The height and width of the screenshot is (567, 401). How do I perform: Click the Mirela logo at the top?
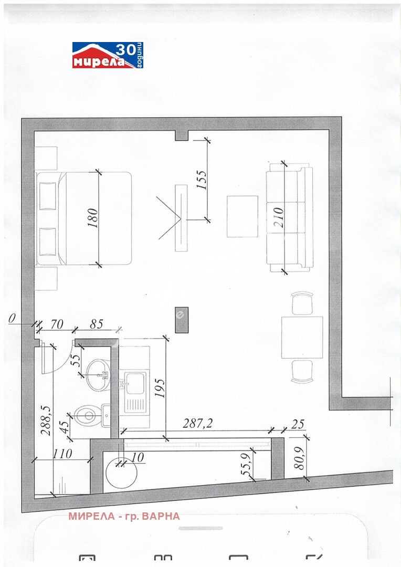[x=108, y=55]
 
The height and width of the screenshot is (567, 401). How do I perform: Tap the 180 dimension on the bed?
[x=93, y=218]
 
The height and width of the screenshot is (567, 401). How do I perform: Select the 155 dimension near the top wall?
[x=202, y=180]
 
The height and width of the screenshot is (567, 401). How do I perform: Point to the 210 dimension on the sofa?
[x=279, y=217]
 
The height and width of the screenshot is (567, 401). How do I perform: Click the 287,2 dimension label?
[x=197, y=424]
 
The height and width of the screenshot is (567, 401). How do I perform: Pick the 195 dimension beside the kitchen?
[x=160, y=388]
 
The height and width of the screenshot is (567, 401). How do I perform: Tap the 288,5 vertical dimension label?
[x=47, y=420]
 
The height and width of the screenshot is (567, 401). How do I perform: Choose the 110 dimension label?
[x=62, y=454]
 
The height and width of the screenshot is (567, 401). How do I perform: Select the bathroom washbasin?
[x=98, y=375]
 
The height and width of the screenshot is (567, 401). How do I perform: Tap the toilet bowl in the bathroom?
[x=86, y=415]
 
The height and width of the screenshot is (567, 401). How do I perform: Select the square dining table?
[x=302, y=338]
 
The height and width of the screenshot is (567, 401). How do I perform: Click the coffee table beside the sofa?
[x=242, y=216]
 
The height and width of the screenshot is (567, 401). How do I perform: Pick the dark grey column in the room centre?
[x=182, y=320]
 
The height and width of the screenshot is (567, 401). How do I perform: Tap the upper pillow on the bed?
[x=47, y=196]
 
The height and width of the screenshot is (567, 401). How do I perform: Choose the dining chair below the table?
[x=302, y=371]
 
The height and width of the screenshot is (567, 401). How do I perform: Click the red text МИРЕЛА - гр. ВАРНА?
[x=124, y=516]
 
